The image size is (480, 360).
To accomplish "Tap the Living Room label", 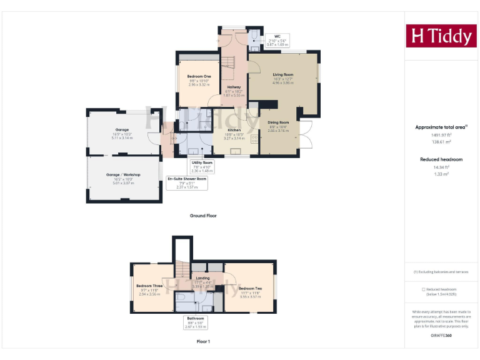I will (282, 74).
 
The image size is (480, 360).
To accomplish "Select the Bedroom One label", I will (199, 76).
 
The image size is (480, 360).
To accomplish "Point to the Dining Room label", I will (279, 122).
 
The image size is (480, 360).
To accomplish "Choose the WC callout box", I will (274, 41).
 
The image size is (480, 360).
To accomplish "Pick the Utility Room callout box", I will (202, 166).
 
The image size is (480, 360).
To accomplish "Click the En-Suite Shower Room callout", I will (187, 183).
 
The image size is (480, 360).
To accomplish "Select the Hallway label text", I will (234, 87).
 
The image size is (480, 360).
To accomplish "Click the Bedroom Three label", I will (149, 286).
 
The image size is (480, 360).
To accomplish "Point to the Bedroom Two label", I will (249, 288).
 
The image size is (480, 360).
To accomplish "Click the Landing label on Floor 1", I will (202, 278).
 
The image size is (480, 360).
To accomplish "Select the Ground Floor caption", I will (203, 216).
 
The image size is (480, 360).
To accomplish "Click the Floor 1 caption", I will (203, 342).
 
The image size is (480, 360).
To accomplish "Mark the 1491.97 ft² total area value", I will (441, 135).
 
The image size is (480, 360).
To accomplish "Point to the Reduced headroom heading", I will (441, 159).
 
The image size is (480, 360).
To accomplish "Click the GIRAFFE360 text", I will (441, 336).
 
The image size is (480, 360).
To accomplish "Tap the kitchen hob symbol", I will (255, 139).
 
